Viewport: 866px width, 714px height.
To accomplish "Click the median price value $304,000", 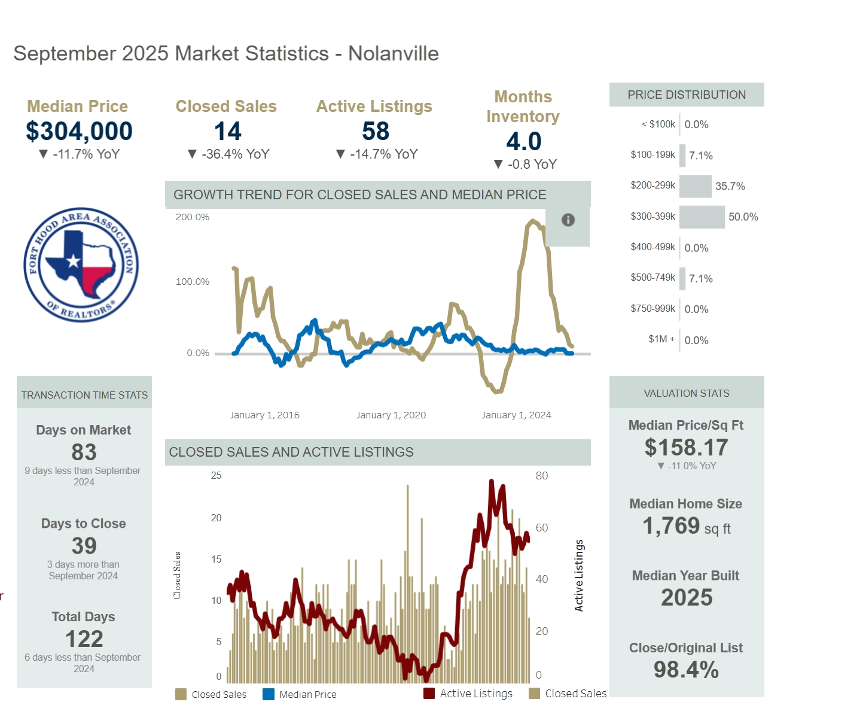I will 79,131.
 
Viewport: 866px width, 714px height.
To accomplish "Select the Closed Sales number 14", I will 227,131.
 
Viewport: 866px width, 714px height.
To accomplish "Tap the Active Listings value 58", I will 376,131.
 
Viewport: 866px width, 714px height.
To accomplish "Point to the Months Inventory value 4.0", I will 524,141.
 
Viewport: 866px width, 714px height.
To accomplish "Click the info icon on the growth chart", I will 568,220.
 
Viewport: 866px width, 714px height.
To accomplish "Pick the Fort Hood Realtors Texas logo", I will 81,265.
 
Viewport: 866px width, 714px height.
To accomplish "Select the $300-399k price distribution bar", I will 702,217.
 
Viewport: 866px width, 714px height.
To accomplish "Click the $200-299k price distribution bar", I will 696,186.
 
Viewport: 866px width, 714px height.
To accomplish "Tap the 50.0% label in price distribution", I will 743,217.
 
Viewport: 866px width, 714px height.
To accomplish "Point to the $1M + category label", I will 661,339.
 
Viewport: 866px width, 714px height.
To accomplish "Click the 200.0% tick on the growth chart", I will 192,217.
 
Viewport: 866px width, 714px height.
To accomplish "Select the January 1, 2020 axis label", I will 391,415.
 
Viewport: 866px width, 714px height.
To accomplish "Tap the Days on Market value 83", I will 84,452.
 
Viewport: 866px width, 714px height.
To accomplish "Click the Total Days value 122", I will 84,639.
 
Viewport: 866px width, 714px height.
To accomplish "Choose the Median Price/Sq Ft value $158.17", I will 686,448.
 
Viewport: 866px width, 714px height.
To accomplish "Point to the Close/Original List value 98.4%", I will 686,670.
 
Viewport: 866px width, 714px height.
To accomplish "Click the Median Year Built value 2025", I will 687,597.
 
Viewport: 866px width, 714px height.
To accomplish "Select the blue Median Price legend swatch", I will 269,694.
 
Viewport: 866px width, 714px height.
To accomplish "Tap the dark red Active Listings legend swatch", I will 429,694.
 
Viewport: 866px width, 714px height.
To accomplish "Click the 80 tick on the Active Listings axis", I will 541,476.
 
